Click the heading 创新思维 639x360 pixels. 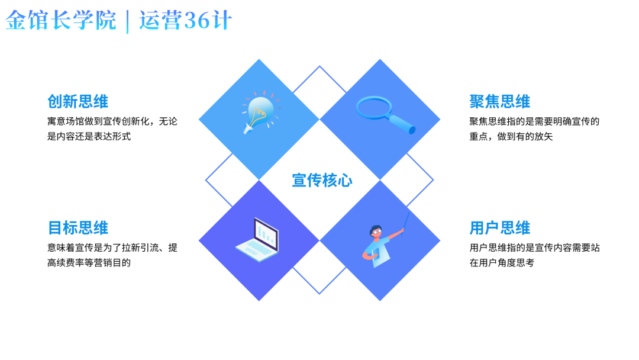pos(78,101)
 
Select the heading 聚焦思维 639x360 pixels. pos(499,101)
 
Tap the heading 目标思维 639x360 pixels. pos(78,228)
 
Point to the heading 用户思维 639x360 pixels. pos(499,228)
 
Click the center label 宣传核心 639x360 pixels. pos(322,180)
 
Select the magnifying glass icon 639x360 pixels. pos(385,115)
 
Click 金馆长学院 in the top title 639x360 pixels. pos(61,21)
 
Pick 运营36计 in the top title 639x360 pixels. pos(185,21)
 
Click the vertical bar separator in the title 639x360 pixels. pos(128,22)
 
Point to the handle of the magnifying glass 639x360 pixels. pos(404,124)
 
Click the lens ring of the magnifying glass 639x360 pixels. pos(374,107)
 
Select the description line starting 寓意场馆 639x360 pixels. pos(112,121)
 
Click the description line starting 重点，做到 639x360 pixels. pos(511,136)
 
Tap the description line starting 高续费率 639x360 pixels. pos(89,262)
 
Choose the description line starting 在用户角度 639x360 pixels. pos(502,262)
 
